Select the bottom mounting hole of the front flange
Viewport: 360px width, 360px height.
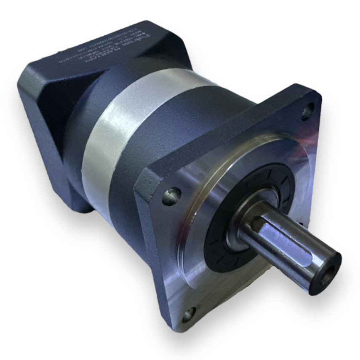(x=188, y=314)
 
